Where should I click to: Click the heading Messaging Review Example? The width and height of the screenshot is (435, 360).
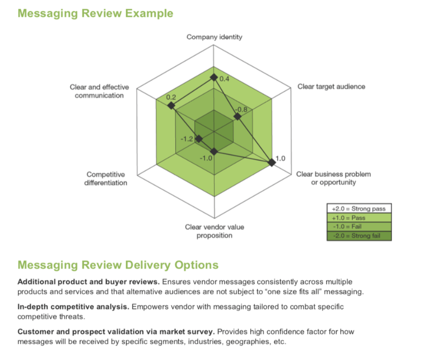[x=95, y=13]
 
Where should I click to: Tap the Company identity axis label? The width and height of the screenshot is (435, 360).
[x=214, y=37]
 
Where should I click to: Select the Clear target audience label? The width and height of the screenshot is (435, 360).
[x=331, y=86]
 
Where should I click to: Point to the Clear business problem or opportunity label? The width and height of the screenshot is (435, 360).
[x=334, y=178]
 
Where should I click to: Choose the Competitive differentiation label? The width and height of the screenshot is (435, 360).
[x=105, y=178]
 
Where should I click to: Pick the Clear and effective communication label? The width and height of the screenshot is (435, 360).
[x=99, y=91]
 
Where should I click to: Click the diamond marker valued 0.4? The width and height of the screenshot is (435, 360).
[x=214, y=78]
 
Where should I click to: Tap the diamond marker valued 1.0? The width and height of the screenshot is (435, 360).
[x=272, y=162]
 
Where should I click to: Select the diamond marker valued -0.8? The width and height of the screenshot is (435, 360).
[x=237, y=117]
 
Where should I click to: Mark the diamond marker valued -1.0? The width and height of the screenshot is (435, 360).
[x=214, y=151]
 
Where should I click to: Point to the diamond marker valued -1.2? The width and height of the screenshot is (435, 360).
[x=199, y=139]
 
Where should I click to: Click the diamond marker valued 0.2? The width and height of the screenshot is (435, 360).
[x=172, y=106]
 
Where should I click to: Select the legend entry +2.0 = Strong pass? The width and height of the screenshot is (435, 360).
[x=359, y=209]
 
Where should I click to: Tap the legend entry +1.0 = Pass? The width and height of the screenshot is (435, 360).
[x=359, y=218]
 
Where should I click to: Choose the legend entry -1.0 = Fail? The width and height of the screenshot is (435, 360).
[x=359, y=226]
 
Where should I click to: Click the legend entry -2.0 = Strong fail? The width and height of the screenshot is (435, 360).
[x=359, y=236]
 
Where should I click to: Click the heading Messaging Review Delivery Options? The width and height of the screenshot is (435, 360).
[x=118, y=265]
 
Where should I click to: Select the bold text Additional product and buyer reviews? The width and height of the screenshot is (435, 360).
[x=89, y=281]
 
